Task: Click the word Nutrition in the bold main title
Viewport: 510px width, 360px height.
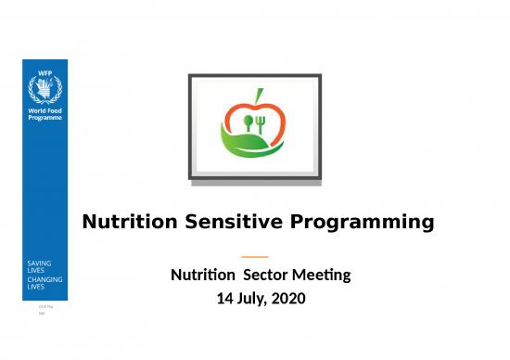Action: (129, 223)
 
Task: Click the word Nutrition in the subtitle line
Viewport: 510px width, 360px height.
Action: (202, 276)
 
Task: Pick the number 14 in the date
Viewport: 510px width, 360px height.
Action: (224, 299)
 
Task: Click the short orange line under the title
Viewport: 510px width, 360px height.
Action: (254, 256)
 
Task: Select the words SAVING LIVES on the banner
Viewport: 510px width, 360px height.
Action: (39, 266)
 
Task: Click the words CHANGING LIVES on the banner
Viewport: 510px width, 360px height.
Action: (43, 282)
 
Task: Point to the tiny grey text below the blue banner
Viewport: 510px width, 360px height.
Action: (43, 308)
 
